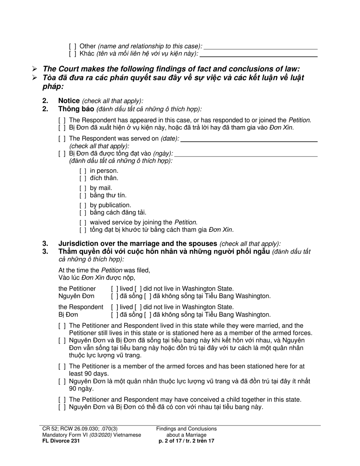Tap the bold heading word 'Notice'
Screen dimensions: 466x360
tap(69, 101)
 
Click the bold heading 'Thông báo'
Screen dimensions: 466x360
tap(76, 109)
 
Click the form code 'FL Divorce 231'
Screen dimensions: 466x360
tap(61, 441)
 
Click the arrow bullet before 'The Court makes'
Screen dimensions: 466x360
tap(34, 69)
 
